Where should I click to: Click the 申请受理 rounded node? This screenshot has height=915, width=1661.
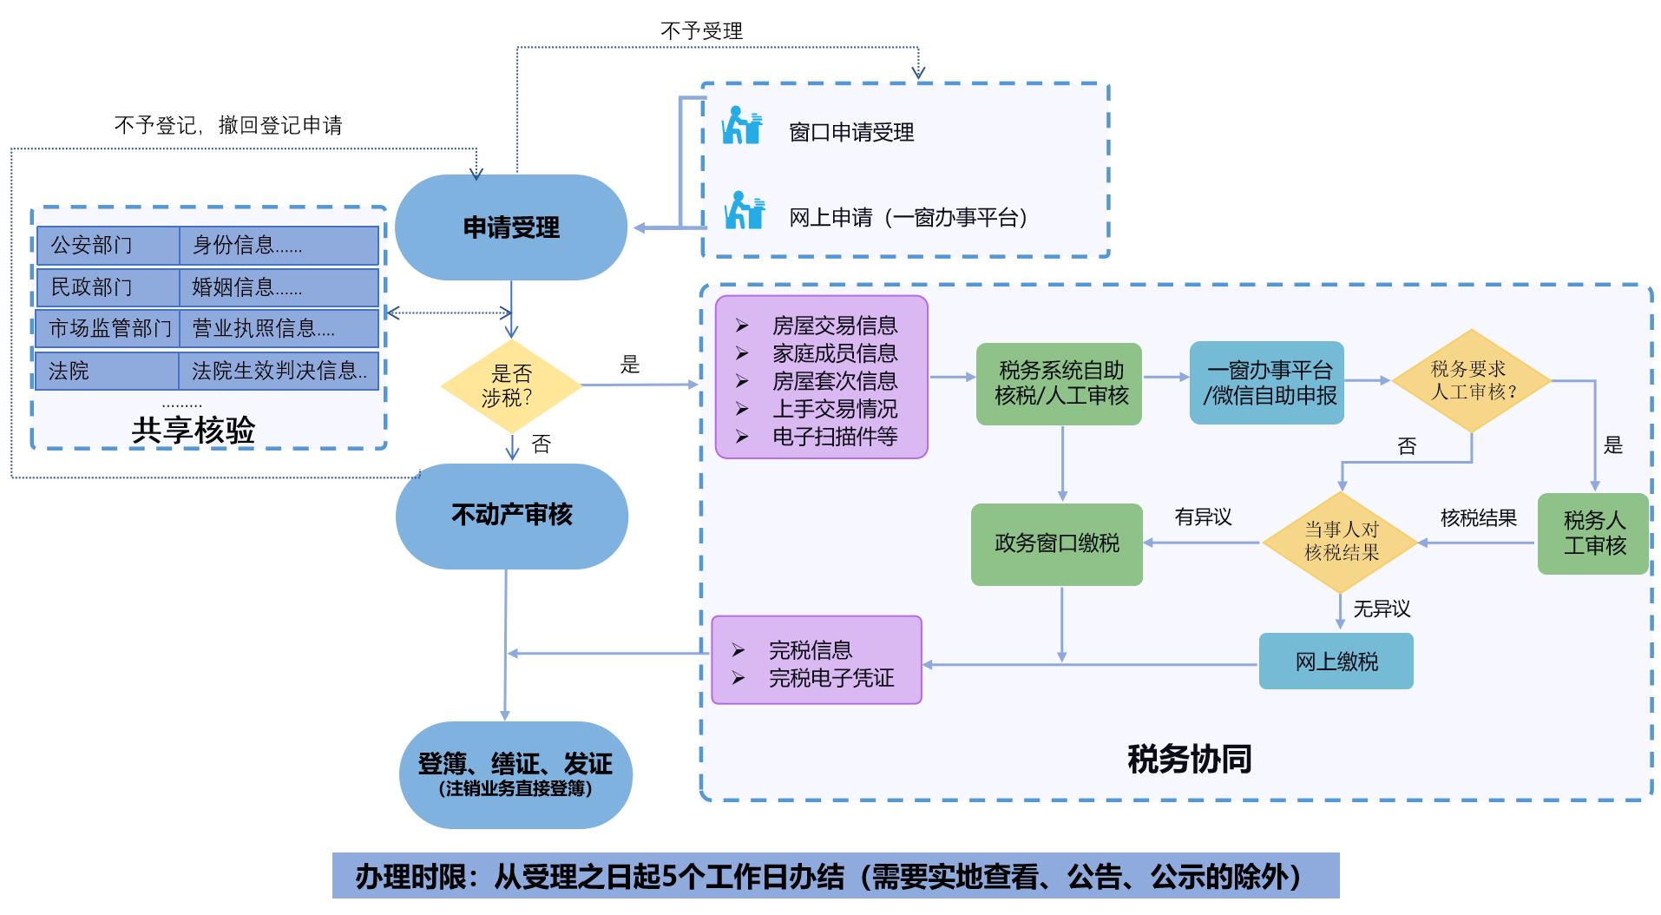pos(510,227)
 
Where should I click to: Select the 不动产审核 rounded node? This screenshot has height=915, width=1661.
pos(511,516)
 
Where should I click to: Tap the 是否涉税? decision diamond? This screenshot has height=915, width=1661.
pos(511,386)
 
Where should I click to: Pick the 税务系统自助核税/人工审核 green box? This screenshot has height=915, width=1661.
pos(1060,384)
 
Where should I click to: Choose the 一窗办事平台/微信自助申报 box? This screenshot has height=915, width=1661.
pos(1267,384)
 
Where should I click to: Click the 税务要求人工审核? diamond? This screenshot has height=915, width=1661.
pos(1471,381)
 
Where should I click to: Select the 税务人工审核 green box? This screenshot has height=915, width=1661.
pos(1593,534)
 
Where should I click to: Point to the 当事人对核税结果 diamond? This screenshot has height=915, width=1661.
pos(1341,542)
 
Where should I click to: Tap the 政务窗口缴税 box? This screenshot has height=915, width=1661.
pos(1056,543)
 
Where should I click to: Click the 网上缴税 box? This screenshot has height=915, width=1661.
pos(1336,662)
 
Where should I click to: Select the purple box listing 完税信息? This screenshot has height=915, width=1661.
pos(816,660)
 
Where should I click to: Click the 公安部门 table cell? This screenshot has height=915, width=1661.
pos(108,246)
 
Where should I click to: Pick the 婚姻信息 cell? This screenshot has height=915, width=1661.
pos(279,287)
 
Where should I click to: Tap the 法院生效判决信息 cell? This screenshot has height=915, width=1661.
pos(279,372)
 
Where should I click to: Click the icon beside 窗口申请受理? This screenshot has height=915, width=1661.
pos(742,126)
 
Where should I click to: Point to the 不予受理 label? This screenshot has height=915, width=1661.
pos(701,31)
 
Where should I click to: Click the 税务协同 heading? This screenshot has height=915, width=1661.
pos(1189,759)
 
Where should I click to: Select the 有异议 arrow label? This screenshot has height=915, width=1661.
pos(1203,517)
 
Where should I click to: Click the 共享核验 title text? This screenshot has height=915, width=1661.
pos(193,431)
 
